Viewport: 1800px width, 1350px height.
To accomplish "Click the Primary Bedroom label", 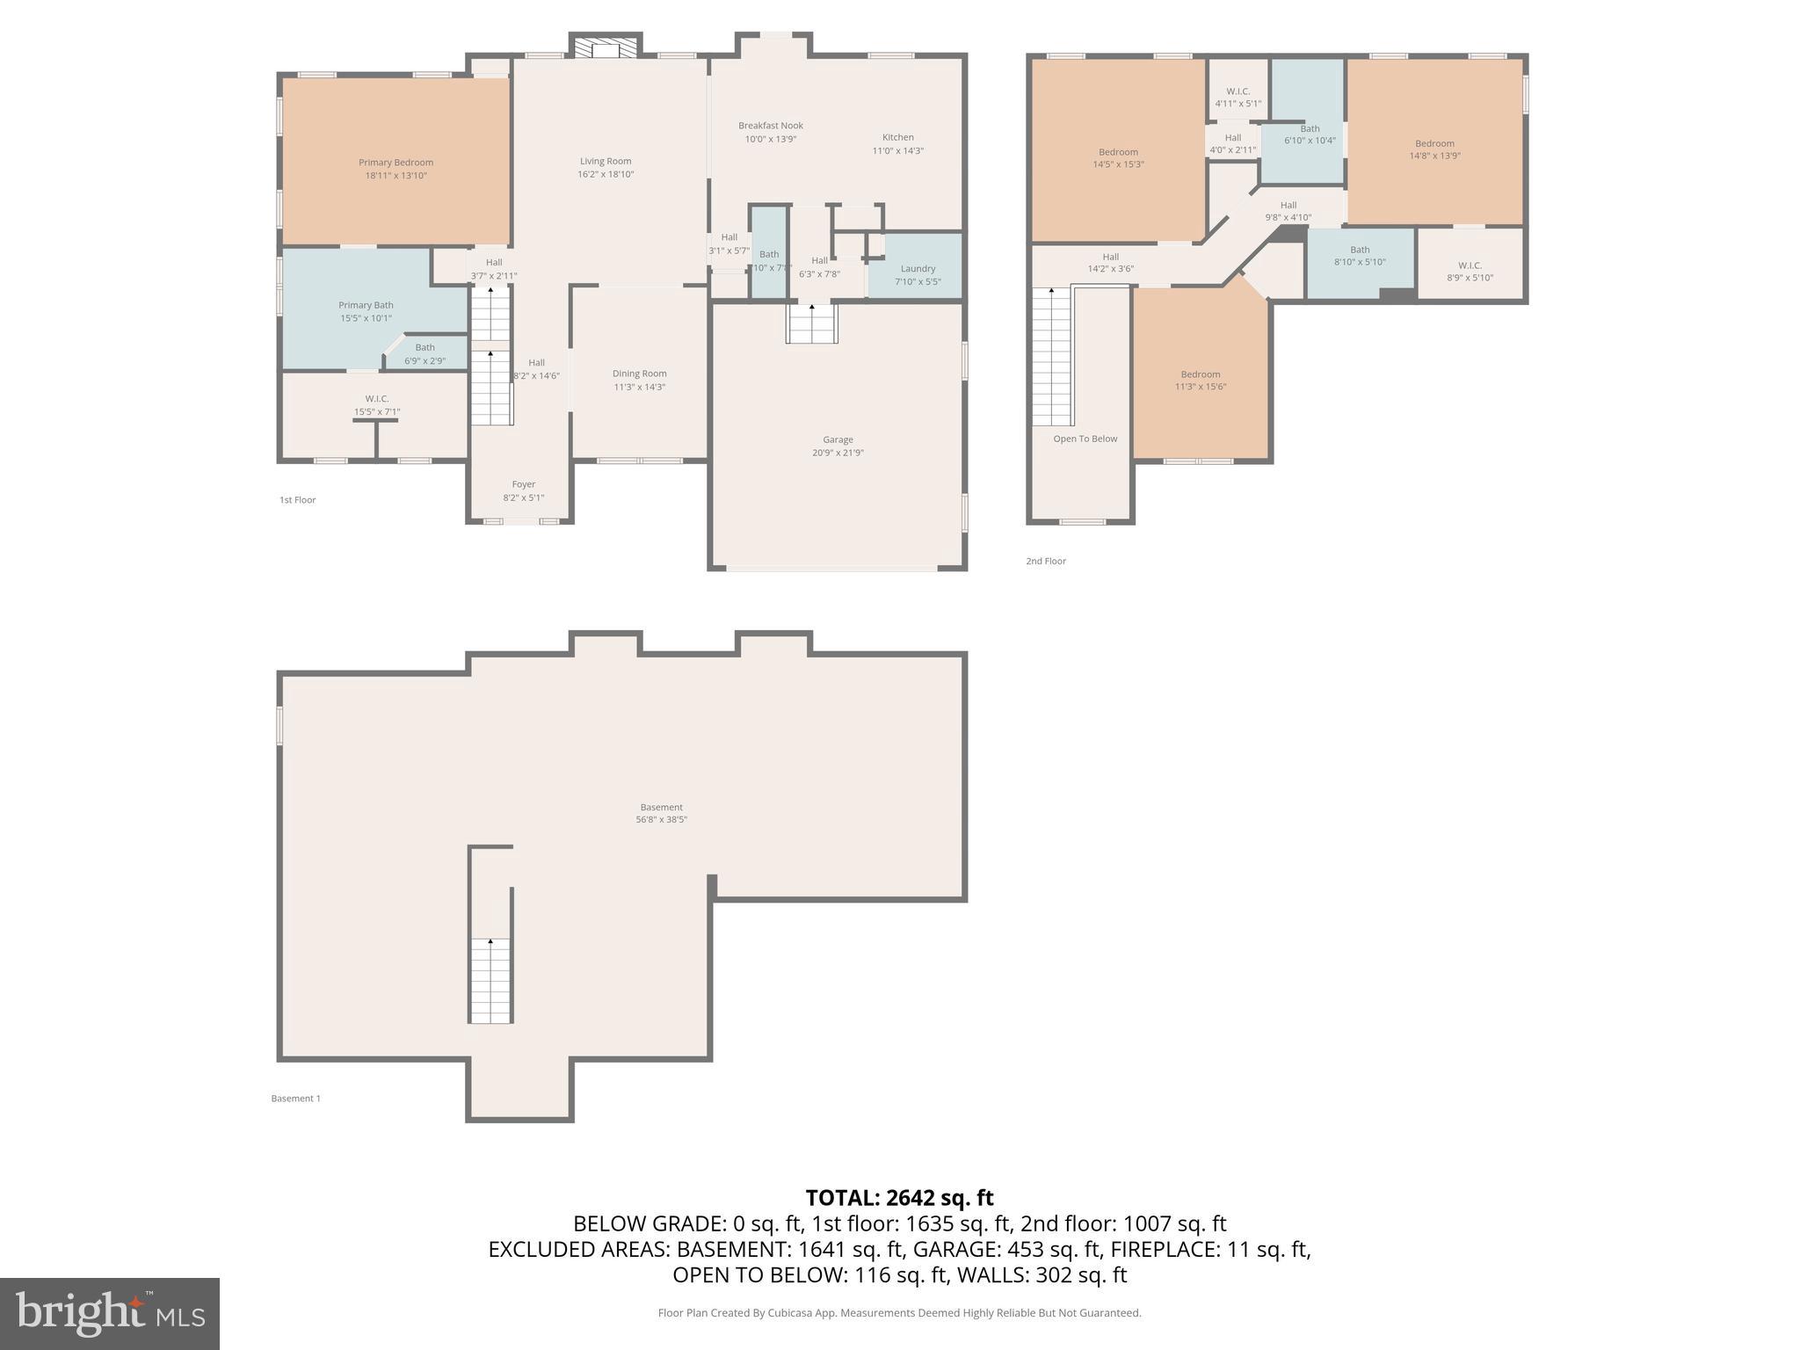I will click(x=396, y=163).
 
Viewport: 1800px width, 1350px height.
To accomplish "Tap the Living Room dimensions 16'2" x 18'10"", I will click(x=606, y=174).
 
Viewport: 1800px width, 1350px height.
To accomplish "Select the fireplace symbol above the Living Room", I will click(x=606, y=47).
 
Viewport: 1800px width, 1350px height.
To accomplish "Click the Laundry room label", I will click(x=918, y=269).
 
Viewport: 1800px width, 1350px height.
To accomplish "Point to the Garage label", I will click(x=838, y=439).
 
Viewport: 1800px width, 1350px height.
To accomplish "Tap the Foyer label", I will click(x=523, y=484).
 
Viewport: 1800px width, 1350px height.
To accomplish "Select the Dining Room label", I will click(x=639, y=374).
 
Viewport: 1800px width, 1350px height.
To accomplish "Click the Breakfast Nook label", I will click(x=770, y=126).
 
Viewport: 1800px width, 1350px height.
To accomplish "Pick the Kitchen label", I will click(x=897, y=137).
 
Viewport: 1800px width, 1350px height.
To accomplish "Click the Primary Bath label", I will click(x=366, y=305).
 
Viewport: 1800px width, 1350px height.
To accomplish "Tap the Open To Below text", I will click(x=1085, y=439).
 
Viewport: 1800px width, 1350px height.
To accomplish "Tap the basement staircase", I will click(x=490, y=980).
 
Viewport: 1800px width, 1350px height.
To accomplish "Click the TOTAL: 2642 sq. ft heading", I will click(x=899, y=1198).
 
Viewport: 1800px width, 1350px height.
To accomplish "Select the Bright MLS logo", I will click(x=110, y=1313).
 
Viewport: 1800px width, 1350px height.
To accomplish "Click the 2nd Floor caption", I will click(x=1045, y=561).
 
